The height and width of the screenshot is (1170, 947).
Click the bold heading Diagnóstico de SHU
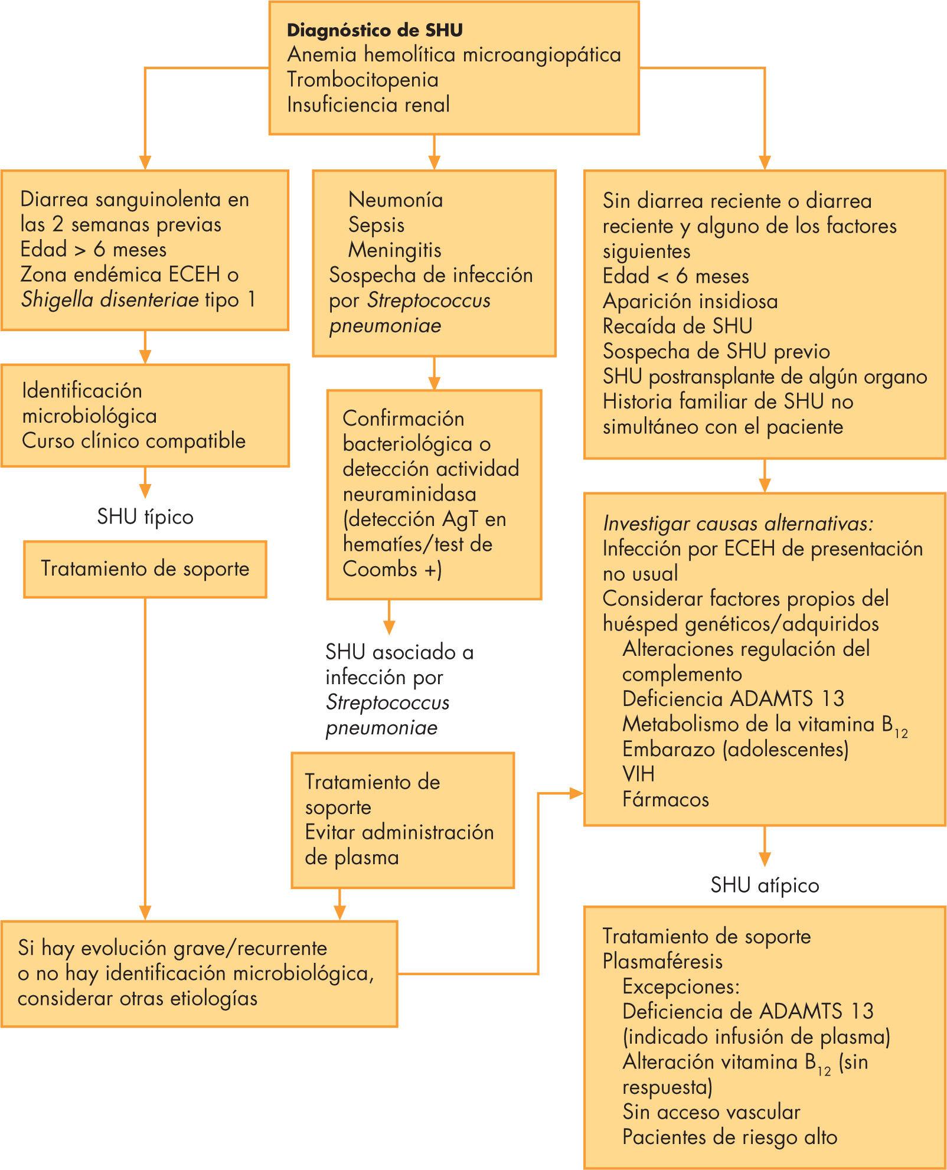coord(375,30)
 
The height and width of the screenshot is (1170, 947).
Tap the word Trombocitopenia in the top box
coord(363,80)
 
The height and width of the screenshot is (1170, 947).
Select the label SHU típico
coord(145,517)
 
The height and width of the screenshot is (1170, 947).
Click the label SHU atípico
coord(765,885)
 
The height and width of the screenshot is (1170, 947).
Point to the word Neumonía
coord(396,200)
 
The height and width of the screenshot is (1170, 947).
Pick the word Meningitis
coord(395,250)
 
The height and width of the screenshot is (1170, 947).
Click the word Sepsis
coord(377,225)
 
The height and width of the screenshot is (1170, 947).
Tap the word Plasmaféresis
coord(662,962)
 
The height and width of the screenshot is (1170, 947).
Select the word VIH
coord(638,774)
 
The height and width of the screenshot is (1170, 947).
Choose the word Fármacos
coord(665,799)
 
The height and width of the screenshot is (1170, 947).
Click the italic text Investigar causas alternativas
coord(737,524)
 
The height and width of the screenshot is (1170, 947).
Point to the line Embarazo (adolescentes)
coord(735,749)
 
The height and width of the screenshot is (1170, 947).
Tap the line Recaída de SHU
coord(677,326)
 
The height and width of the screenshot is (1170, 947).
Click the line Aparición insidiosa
coord(690,301)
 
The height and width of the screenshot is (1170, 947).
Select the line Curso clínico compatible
coord(134,441)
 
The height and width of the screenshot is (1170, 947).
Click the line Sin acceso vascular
coord(711,1112)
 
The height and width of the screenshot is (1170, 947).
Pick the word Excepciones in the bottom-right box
coord(681,987)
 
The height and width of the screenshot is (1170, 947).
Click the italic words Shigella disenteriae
coord(110,300)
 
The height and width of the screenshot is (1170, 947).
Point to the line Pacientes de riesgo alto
coord(730,1137)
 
